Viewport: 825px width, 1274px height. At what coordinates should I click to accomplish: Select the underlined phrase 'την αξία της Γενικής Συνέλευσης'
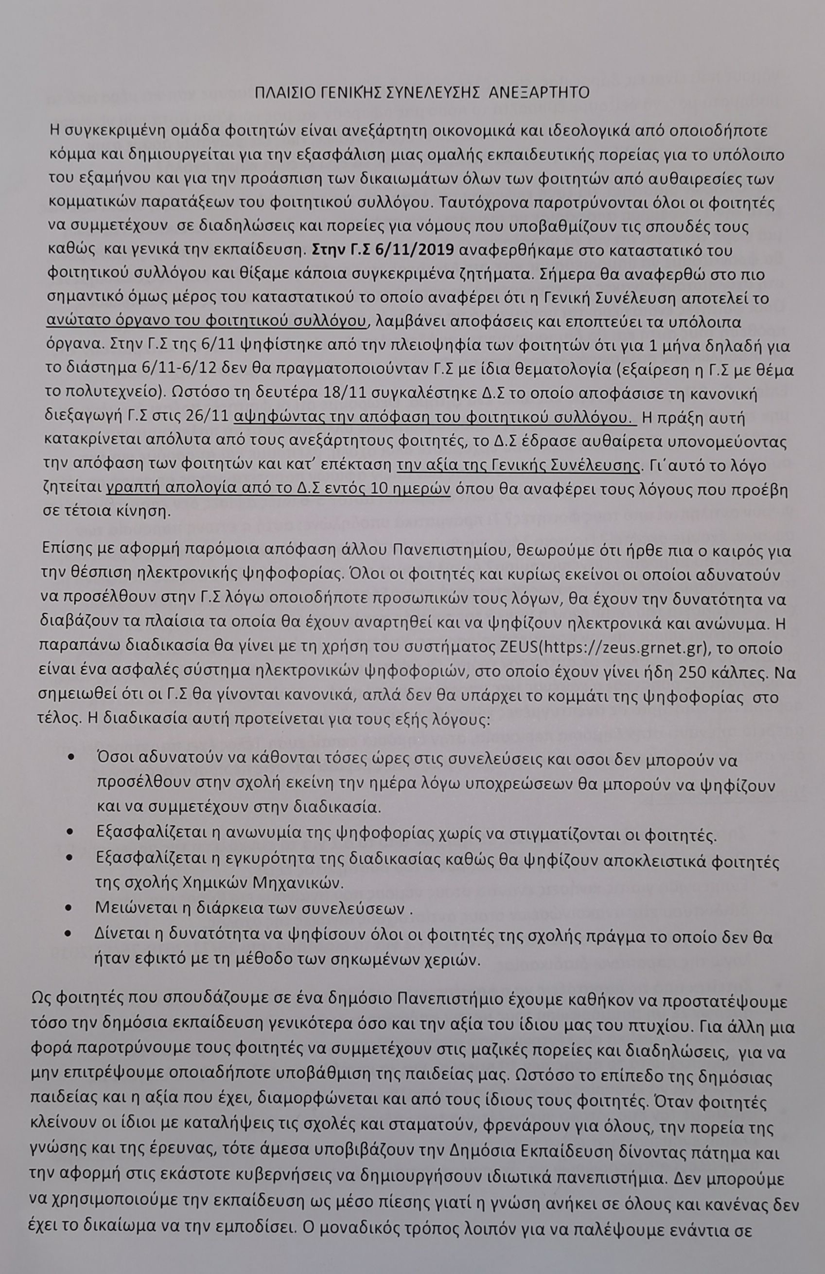pyautogui.click(x=518, y=465)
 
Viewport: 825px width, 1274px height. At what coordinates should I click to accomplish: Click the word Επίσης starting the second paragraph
pyautogui.click(x=63, y=550)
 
